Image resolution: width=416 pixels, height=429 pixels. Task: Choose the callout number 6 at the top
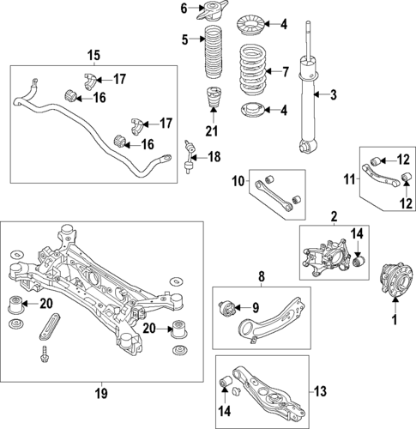[x=184, y=9]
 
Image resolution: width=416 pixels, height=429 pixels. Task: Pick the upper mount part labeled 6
[x=211, y=12]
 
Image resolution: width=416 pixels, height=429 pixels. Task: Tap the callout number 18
[x=215, y=156]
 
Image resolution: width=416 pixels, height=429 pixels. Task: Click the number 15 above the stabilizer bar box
[x=93, y=56]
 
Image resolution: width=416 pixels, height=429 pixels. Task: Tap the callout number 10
[x=238, y=181]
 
